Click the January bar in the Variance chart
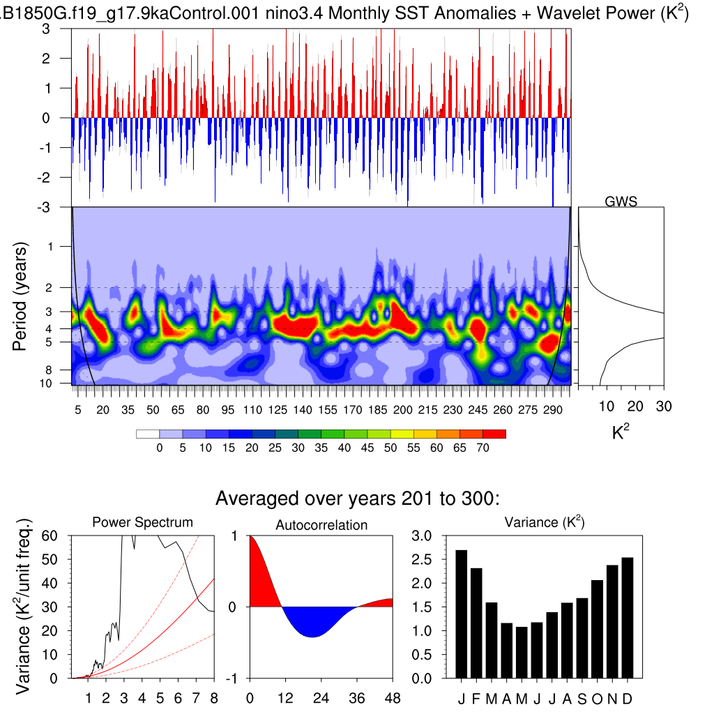pyautogui.click(x=462, y=614)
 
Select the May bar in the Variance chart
pyautogui.click(x=520, y=652)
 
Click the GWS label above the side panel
pyautogui.click(x=621, y=202)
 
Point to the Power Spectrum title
pyautogui.click(x=143, y=522)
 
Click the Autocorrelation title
pyautogui.click(x=321, y=525)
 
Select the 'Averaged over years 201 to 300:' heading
pyautogui.click(x=358, y=499)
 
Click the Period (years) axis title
pyautogui.click(x=21, y=297)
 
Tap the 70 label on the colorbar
pyautogui.click(x=483, y=448)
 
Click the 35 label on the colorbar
pyautogui.click(x=321, y=448)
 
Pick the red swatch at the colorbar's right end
pyautogui.click(x=494, y=434)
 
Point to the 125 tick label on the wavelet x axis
pyautogui.click(x=278, y=410)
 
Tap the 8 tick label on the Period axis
pyautogui.click(x=59, y=370)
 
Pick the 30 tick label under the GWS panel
pyautogui.click(x=663, y=407)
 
